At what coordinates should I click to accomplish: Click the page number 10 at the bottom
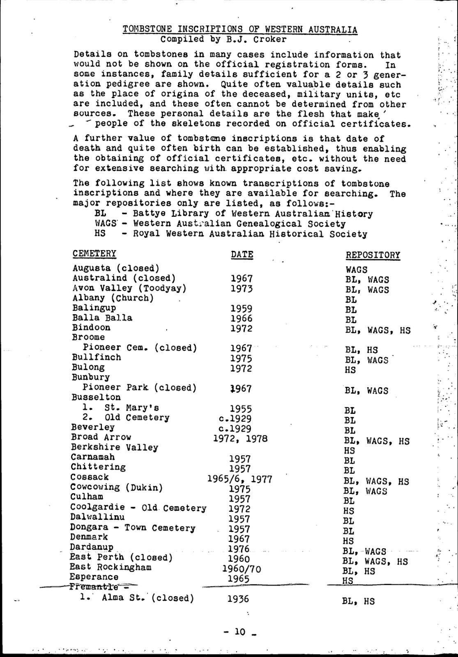coord(239,632)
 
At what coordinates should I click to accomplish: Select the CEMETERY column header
coord(94,253)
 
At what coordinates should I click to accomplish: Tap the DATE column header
coord(242,255)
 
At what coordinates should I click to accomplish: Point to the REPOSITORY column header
coord(373,255)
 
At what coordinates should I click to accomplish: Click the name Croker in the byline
coord(270,39)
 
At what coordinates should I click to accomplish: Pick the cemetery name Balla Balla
coord(102,318)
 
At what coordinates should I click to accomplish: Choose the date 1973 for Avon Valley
coord(242,289)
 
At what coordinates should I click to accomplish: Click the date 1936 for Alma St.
coord(238,599)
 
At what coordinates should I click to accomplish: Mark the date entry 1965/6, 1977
coord(239,479)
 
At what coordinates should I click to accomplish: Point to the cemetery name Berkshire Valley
coord(114,447)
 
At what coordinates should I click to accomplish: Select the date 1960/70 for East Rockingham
coord(241,569)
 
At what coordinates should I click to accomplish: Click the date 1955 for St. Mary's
coord(241,409)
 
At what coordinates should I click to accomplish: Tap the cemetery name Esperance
coord(94,577)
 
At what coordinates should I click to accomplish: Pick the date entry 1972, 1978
coord(240,438)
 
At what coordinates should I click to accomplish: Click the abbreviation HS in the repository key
coord(100,234)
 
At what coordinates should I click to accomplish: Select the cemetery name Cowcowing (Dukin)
coord(116,487)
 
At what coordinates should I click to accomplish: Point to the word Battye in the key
coord(149,214)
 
